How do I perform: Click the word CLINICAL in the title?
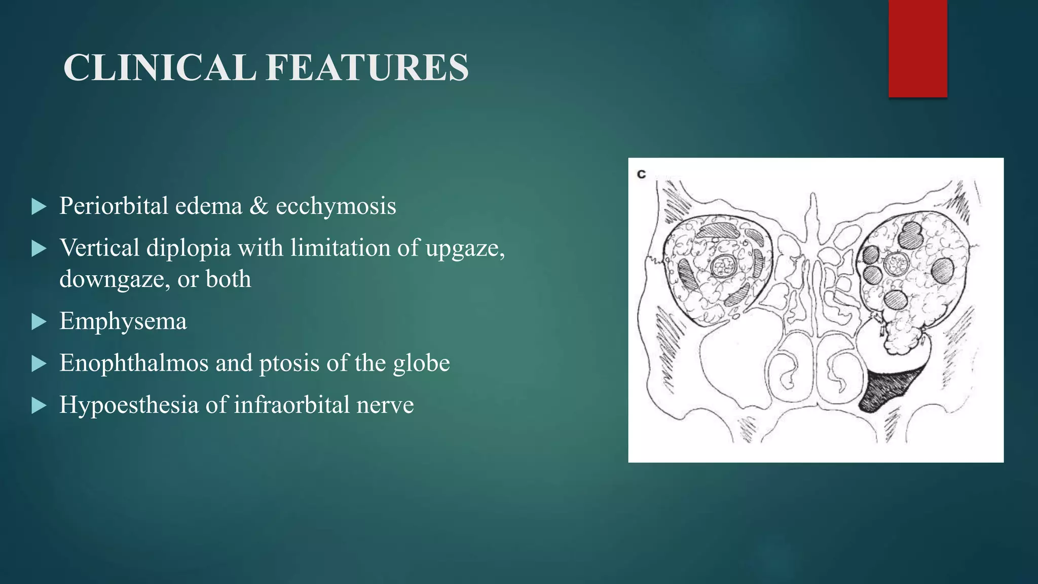160,67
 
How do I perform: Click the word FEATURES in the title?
367,67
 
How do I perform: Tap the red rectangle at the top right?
917,48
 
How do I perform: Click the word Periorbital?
114,206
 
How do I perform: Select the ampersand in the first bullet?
258,206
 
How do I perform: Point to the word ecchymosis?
336,206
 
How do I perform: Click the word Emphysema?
123,321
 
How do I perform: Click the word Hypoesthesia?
129,405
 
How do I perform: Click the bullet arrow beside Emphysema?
39,321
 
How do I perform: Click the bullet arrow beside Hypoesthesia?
39,406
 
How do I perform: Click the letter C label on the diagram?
641,174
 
